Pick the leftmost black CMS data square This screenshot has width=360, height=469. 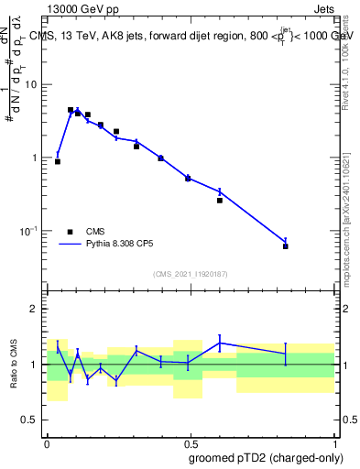point(58,161)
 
